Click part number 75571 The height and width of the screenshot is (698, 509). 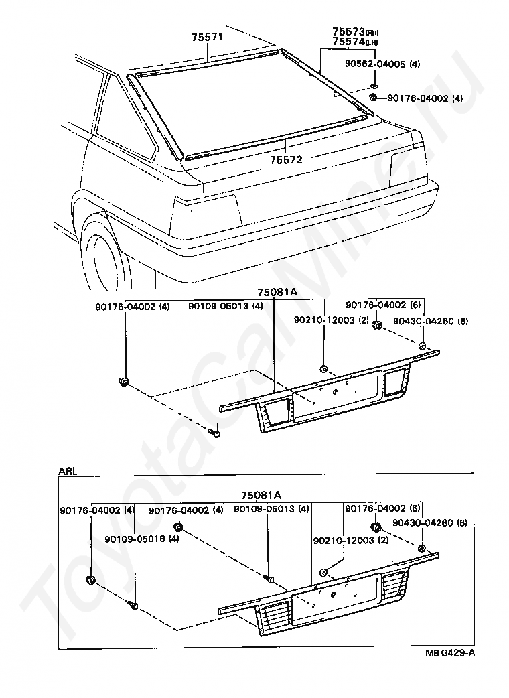[208, 38]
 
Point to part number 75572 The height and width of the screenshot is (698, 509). [287, 160]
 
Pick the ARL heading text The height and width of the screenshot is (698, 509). [68, 471]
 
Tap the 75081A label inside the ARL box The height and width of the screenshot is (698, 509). [261, 495]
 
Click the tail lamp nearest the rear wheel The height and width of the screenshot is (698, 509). [206, 211]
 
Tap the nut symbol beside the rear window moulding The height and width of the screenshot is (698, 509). [373, 98]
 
